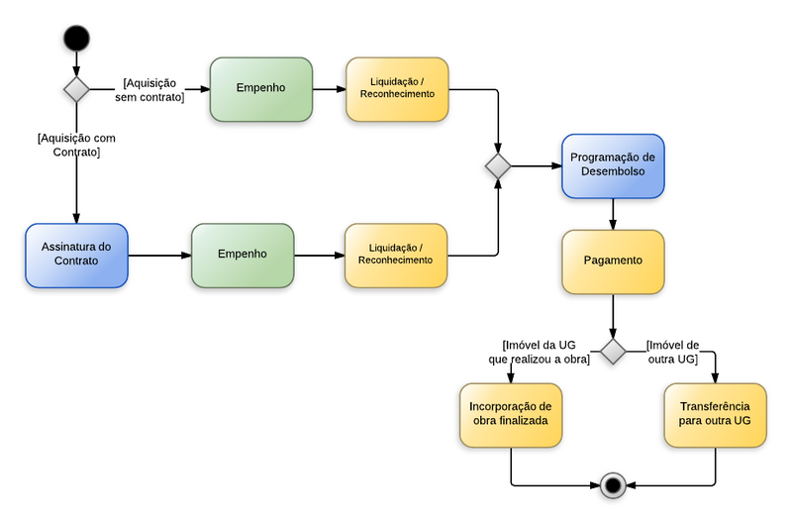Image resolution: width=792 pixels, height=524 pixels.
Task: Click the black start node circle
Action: click(76, 39)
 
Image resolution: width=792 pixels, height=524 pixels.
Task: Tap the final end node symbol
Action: click(613, 485)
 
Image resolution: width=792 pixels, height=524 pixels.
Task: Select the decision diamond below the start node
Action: click(76, 89)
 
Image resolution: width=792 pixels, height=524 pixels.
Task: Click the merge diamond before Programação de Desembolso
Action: click(498, 166)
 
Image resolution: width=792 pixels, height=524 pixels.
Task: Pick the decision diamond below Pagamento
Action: click(613, 352)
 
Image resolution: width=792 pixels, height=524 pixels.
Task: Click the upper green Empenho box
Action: click(260, 88)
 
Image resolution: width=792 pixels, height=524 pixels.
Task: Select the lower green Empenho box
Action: click(243, 255)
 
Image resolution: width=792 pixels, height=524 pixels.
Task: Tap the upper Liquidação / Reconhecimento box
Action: click(396, 88)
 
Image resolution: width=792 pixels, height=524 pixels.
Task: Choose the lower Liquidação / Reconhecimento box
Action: click(395, 255)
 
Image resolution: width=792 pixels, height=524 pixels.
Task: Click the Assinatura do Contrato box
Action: click(76, 255)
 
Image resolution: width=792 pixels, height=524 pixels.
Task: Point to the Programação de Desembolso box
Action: click(614, 165)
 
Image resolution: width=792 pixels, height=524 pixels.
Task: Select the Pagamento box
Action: click(613, 262)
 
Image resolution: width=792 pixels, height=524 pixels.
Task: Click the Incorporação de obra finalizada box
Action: click(510, 414)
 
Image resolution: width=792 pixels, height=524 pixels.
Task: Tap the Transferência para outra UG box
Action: click(715, 414)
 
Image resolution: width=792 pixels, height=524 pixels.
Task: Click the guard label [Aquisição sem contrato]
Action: click(153, 90)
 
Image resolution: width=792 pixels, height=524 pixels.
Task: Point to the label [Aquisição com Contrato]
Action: click(76, 146)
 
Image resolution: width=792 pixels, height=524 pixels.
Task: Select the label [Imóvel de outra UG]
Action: click(672, 352)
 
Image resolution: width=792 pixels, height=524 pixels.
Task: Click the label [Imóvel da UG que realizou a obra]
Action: click(540, 352)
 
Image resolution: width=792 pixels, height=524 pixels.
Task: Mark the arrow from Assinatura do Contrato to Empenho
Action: click(159, 255)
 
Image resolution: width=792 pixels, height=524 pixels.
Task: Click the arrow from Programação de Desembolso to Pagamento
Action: click(613, 213)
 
